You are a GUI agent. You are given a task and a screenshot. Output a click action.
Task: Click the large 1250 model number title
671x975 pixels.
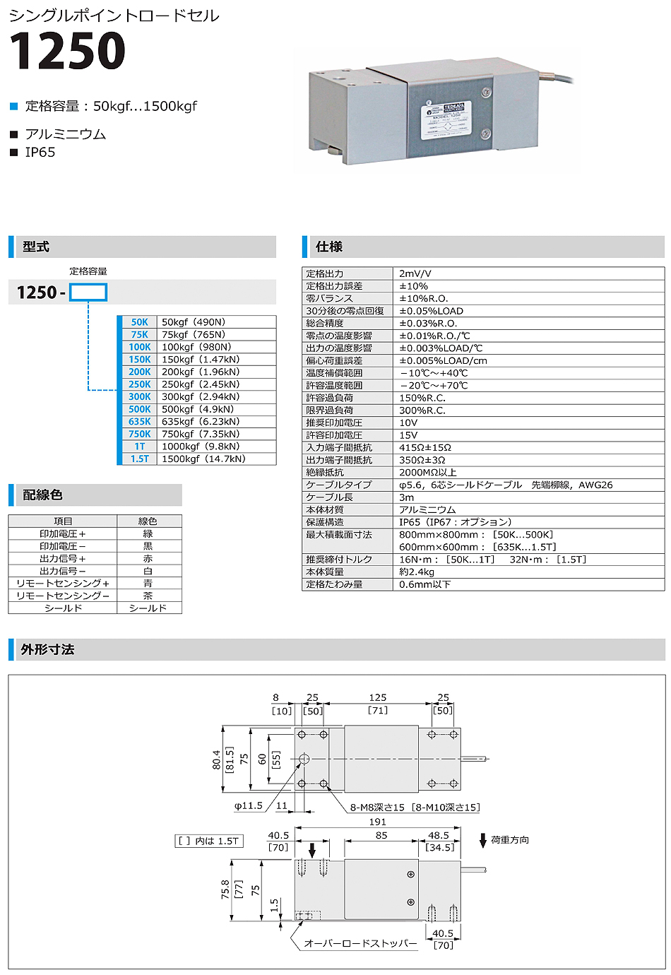point(67,51)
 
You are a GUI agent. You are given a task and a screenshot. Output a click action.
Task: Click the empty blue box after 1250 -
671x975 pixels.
point(88,292)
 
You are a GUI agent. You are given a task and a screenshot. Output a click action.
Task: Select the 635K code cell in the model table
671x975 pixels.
point(139,422)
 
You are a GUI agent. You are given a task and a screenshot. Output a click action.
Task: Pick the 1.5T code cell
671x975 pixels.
point(139,459)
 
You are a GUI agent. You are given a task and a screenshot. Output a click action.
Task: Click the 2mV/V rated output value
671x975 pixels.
point(415,273)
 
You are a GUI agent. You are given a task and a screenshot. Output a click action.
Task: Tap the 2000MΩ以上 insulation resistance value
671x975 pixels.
point(427,473)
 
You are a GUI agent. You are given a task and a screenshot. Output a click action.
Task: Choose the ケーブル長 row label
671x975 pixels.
point(329,497)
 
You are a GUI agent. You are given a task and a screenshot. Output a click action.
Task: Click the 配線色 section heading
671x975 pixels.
point(42,495)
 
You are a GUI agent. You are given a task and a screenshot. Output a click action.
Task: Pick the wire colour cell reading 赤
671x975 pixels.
point(148,559)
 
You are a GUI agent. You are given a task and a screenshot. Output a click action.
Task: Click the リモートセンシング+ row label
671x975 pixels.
point(63,584)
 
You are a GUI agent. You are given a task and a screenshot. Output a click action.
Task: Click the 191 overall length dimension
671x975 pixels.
point(378,822)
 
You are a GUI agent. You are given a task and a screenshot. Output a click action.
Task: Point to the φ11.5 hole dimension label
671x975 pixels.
point(248,806)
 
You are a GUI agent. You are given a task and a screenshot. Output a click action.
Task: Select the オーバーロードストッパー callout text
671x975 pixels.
point(360,944)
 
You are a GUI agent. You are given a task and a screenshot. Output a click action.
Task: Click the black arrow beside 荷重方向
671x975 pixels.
point(483,841)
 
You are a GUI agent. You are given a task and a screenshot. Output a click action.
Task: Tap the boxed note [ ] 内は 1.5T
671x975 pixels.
point(208,841)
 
